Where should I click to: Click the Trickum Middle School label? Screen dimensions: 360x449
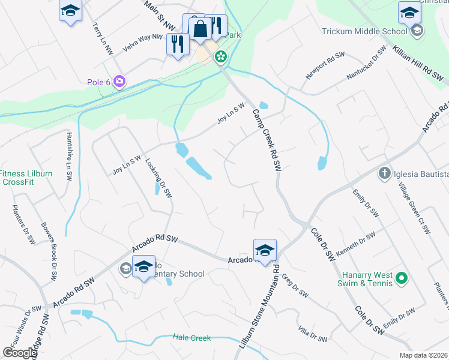364,31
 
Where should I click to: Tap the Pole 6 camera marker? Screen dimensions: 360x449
119,81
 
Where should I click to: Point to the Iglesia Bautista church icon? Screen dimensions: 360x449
385,174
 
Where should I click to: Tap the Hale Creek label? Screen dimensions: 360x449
191,338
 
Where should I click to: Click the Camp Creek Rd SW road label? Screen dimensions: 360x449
267,137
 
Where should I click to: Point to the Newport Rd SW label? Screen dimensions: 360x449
324,70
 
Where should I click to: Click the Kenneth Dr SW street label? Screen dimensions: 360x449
355,244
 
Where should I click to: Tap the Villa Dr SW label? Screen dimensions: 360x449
313,334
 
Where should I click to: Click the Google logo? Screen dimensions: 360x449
20,352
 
